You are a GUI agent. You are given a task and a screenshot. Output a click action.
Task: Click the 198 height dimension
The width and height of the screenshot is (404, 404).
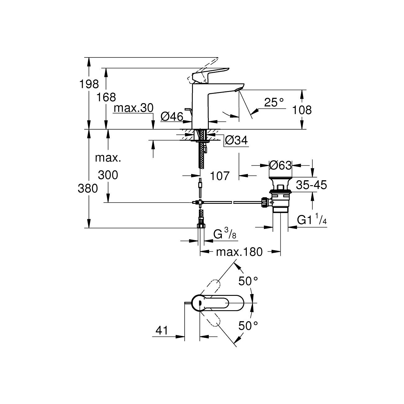click(89, 84)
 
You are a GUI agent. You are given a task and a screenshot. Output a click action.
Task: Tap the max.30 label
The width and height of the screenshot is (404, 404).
click(134, 108)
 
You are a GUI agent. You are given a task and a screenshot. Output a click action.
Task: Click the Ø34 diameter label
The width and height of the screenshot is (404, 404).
click(236, 141)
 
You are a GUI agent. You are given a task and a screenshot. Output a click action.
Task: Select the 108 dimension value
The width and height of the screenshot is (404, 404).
click(302, 110)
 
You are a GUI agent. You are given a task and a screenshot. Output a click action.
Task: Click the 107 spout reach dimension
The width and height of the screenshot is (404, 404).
click(220, 176)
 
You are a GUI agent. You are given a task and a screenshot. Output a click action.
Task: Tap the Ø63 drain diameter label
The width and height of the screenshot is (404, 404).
click(281, 165)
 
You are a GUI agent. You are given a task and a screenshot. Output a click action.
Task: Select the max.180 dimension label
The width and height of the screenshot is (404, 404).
click(240, 252)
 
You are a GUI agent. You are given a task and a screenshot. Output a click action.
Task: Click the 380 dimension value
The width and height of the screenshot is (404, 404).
click(88, 188)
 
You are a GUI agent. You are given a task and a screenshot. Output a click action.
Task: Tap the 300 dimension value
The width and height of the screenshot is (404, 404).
click(108, 175)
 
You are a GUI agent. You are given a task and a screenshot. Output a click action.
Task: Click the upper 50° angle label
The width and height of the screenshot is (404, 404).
click(248, 281)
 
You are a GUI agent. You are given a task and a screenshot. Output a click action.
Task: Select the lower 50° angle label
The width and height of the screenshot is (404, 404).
click(248, 326)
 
